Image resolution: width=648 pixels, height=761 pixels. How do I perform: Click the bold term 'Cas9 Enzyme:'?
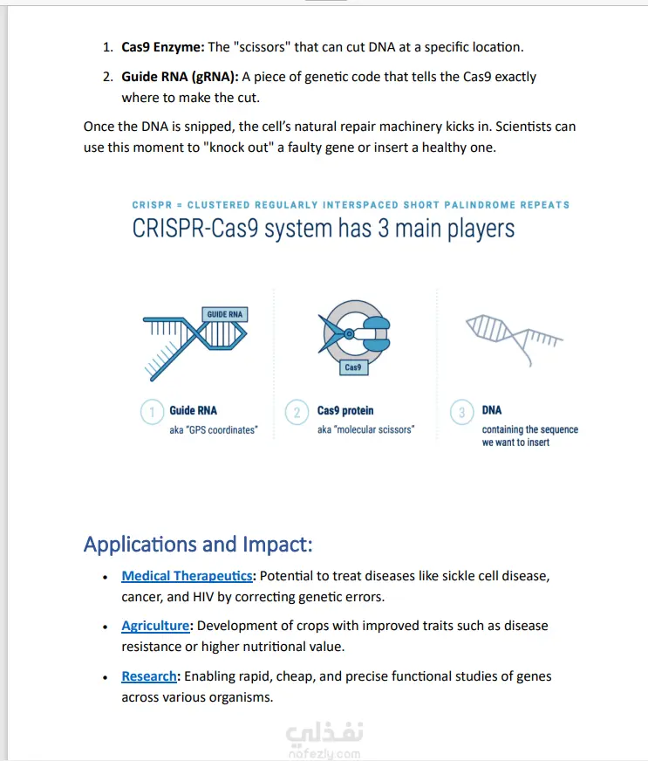click(x=162, y=47)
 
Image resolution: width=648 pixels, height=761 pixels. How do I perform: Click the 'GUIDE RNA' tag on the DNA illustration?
click(x=224, y=314)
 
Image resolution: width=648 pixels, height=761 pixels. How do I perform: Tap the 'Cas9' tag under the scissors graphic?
click(x=353, y=367)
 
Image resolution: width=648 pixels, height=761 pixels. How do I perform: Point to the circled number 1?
click(x=152, y=412)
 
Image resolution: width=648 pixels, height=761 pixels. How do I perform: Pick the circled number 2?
click(x=297, y=412)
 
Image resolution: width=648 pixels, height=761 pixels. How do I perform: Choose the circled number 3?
click(x=462, y=412)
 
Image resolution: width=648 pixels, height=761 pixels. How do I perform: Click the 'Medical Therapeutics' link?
click(x=188, y=576)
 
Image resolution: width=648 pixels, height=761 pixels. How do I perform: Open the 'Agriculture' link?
click(x=155, y=626)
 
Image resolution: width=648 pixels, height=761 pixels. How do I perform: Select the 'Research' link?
click(x=149, y=676)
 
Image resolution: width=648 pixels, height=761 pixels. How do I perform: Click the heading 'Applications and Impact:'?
click(x=198, y=545)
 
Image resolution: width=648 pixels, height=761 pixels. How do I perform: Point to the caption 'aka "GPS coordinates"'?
click(x=214, y=429)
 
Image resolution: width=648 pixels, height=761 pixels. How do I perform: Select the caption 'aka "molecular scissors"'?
click(x=365, y=429)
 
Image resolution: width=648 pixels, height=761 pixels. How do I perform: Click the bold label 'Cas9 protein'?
click(x=345, y=410)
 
